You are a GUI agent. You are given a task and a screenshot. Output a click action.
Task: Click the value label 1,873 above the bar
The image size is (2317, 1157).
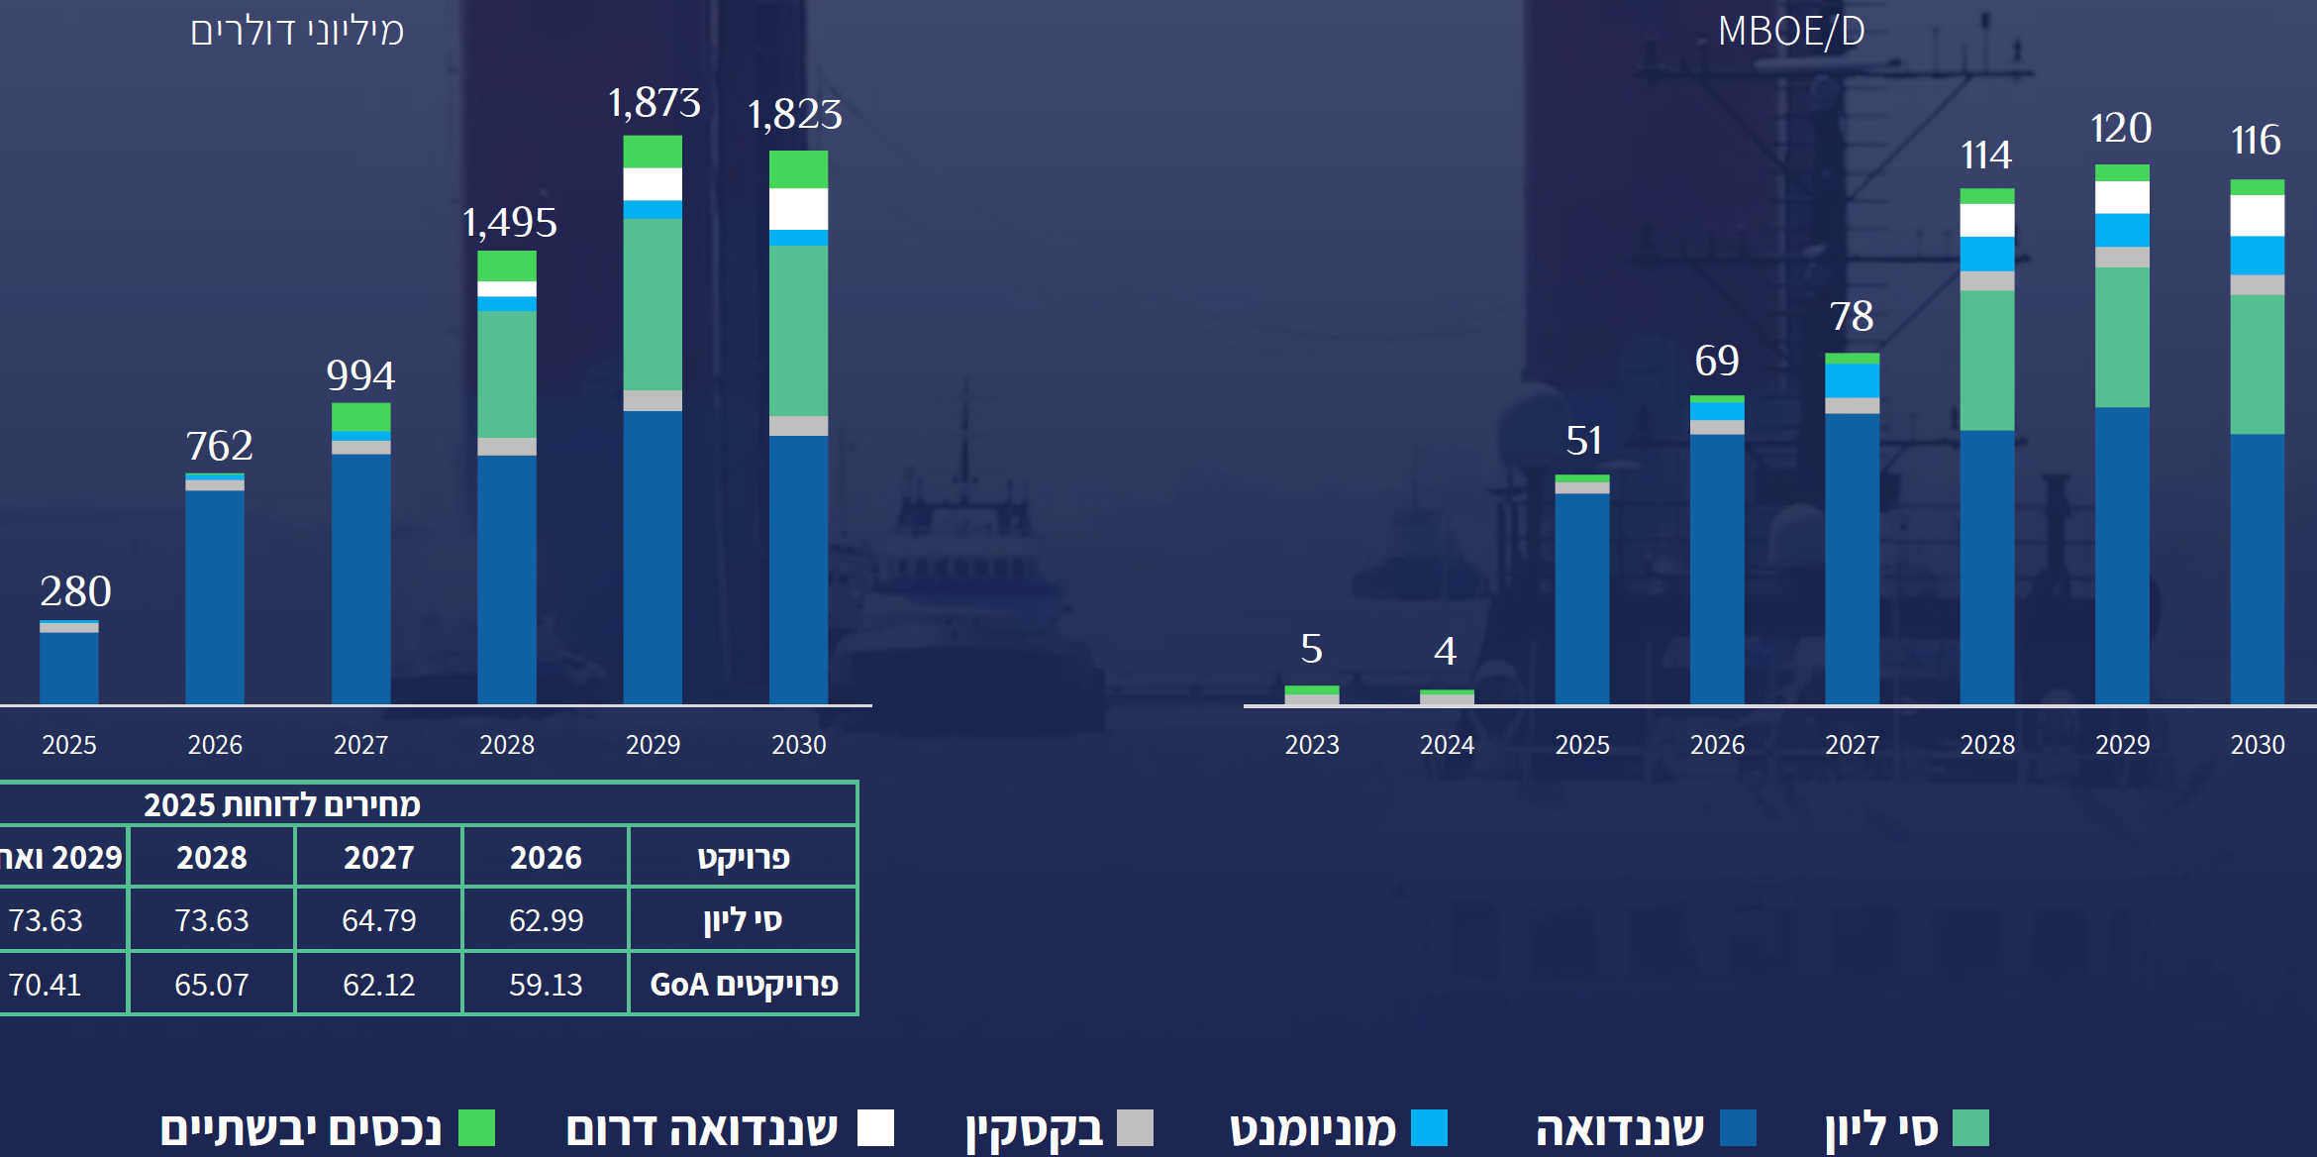655,103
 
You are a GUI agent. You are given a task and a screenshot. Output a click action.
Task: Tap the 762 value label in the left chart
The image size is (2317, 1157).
220,446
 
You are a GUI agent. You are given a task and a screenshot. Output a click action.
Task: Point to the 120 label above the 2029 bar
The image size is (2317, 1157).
2121,129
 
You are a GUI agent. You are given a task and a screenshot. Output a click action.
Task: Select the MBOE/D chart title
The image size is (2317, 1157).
1791,32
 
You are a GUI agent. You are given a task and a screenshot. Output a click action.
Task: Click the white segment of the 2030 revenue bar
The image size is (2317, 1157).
798,209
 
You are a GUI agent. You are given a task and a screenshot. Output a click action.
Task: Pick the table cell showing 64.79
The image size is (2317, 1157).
379,920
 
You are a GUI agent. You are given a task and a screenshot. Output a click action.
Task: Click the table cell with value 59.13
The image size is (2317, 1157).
546,985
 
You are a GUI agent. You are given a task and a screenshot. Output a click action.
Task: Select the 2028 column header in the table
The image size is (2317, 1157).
212,858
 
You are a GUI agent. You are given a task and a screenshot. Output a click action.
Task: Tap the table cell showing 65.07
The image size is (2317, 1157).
212,985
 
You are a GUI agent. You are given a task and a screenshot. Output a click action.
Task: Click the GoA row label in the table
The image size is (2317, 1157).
744,985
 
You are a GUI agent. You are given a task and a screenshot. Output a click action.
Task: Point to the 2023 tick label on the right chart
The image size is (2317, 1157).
1312,745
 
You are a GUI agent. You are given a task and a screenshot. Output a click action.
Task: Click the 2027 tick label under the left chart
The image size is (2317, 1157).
360,745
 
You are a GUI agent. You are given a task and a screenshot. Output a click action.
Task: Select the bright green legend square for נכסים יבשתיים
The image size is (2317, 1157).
476,1127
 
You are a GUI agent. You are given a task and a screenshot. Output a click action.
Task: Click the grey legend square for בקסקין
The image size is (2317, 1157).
1135,1127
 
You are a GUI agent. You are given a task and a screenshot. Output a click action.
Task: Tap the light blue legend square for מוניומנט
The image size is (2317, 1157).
1429,1127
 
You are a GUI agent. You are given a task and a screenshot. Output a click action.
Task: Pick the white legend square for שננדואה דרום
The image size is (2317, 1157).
875,1127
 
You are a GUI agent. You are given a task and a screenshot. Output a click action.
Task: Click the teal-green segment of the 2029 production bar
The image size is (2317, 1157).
2122,337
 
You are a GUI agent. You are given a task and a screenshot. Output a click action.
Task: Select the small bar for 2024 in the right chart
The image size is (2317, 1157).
1447,697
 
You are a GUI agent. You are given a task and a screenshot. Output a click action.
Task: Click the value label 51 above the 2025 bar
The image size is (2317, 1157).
1583,441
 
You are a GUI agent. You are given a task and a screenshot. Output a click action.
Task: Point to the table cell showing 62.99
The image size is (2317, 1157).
546,920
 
